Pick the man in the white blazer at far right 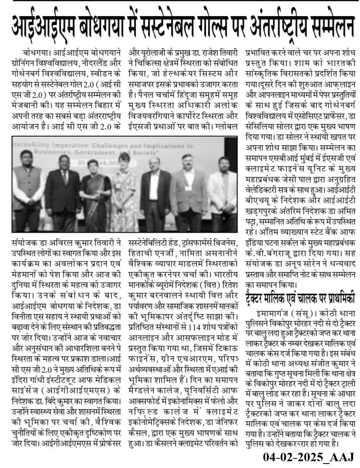click(222, 192)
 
